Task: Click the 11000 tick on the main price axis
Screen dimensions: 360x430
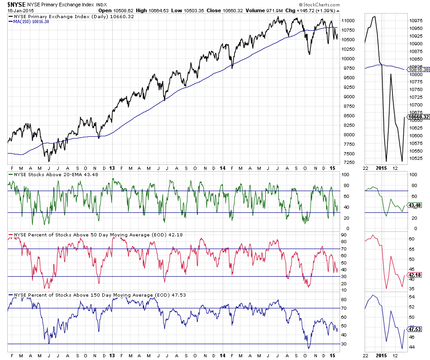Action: point(348,21)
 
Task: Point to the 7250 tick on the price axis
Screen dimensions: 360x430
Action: point(348,162)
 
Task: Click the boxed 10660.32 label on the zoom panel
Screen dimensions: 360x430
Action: point(419,117)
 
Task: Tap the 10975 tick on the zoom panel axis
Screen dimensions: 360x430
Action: point(416,20)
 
